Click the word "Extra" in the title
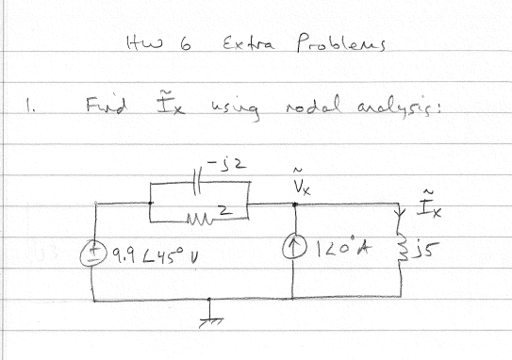[x=242, y=44]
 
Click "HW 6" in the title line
[x=157, y=44]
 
